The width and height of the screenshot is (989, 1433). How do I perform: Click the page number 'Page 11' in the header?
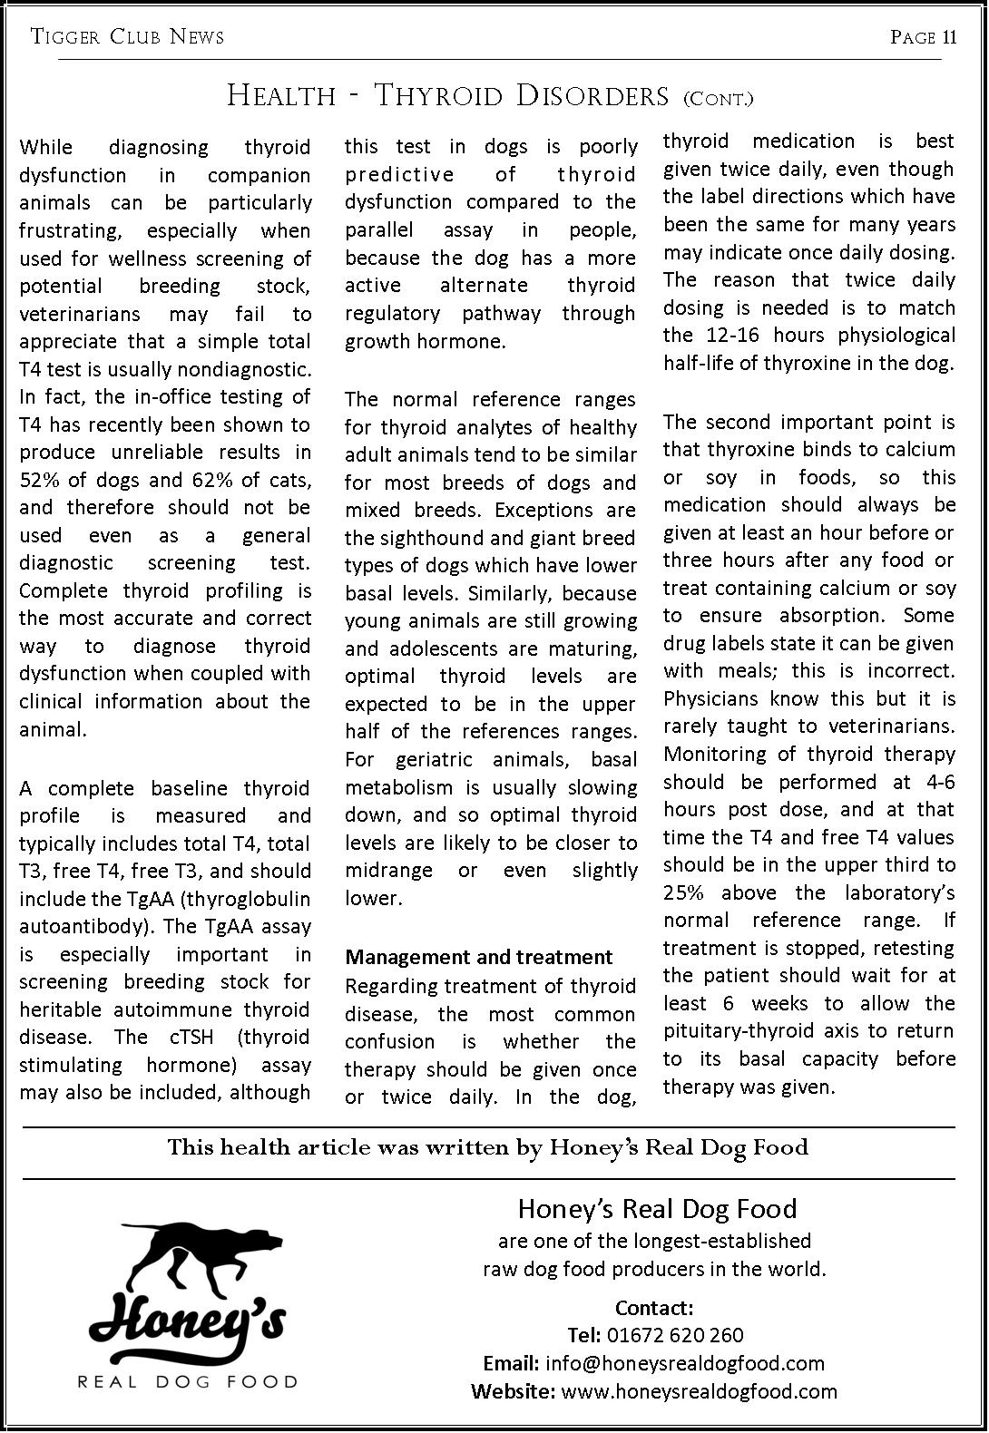pos(924,37)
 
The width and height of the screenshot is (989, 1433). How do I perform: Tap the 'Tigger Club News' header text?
pos(127,37)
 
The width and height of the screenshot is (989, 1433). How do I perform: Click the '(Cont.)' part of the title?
pos(718,98)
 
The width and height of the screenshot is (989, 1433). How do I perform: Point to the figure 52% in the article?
pos(38,480)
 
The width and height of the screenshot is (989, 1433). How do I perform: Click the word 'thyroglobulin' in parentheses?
pos(254,899)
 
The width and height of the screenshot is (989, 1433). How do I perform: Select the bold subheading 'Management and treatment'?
pos(479,957)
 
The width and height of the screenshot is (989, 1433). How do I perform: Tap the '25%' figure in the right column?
pos(684,892)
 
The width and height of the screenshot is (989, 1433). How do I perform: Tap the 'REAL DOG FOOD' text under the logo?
pos(188,1382)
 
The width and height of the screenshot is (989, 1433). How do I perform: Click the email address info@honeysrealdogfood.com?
pos(685,1363)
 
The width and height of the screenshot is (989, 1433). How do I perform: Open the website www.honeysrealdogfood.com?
pos(700,1391)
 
